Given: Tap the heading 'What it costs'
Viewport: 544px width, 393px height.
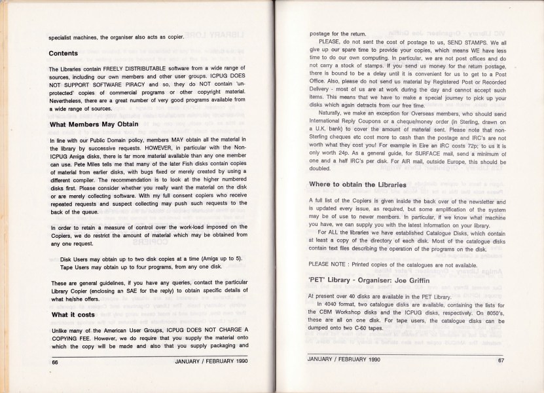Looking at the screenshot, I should click(73, 314).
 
